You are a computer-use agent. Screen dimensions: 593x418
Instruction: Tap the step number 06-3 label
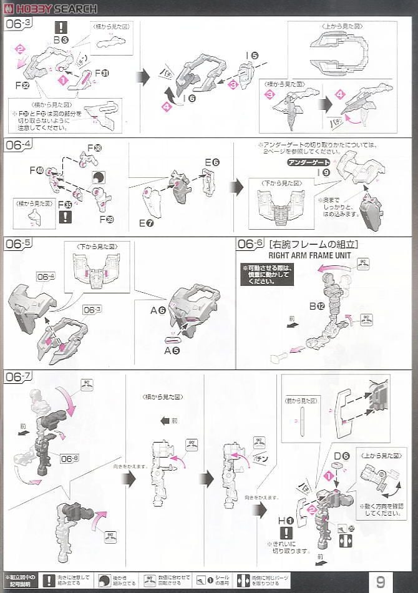(18, 24)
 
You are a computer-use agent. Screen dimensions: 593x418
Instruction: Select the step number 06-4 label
(18, 145)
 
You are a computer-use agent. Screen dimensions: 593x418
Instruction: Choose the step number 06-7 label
(18, 378)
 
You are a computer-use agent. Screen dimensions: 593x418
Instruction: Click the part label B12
(316, 306)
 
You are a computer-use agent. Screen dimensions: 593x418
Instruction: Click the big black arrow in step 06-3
(143, 77)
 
